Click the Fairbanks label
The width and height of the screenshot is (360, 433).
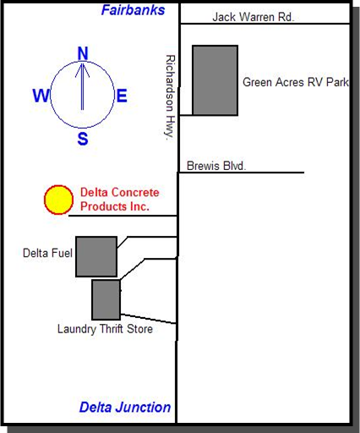pos(133,10)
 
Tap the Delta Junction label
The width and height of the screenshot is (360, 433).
pos(125,408)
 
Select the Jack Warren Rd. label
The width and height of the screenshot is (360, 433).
pos(253,17)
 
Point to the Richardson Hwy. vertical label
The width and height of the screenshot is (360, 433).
pos(170,97)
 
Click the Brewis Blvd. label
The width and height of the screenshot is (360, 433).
pos(216,166)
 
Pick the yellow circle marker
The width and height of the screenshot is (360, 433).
pos(58,200)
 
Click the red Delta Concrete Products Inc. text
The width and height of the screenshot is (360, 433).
pos(120,200)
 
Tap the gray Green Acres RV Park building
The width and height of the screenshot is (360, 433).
pos(215,80)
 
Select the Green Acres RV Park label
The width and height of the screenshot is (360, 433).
pos(296,82)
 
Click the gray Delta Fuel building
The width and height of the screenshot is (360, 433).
pos(96,256)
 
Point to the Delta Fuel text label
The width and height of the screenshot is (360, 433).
pos(47,253)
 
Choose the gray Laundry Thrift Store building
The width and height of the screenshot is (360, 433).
pos(106,299)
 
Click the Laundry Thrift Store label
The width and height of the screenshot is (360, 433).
pos(105,329)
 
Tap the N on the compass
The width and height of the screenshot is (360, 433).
pos(83,53)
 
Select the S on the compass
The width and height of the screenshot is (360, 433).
pos(83,139)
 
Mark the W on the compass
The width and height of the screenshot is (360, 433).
pos(41,96)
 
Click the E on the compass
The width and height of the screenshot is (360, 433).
pos(122,96)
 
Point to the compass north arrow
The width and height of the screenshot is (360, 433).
pos(82,86)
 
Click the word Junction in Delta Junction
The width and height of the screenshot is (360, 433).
pos(144,408)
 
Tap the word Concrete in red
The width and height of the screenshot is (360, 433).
pos(135,193)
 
